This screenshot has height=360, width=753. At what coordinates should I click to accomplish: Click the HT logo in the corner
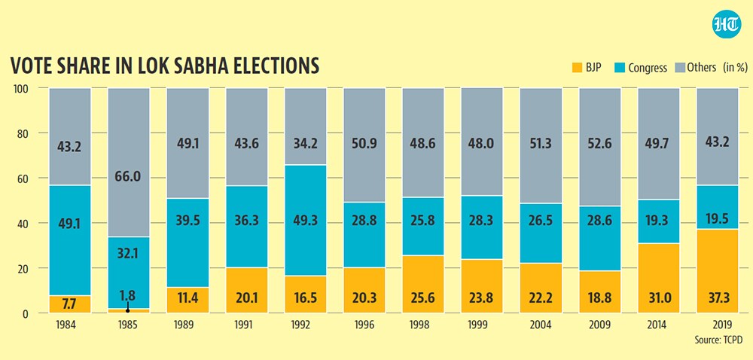click(726, 23)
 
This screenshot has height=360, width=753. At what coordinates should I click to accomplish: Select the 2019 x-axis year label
click(717, 325)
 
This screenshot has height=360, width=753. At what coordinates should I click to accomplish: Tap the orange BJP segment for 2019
click(717, 271)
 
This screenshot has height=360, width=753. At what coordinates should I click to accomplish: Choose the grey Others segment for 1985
click(128, 163)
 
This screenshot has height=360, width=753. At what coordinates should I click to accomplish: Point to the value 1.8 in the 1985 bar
click(127, 294)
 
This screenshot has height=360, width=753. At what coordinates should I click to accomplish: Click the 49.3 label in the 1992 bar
click(306, 221)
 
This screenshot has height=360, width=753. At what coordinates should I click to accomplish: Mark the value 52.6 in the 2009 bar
click(599, 145)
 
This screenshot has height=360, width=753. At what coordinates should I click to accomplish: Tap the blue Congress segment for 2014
click(658, 221)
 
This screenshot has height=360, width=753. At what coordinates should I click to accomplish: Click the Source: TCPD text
click(719, 340)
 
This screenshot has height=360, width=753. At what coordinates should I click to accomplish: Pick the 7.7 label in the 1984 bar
click(69, 304)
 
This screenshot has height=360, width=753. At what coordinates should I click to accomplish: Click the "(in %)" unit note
click(735, 67)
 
